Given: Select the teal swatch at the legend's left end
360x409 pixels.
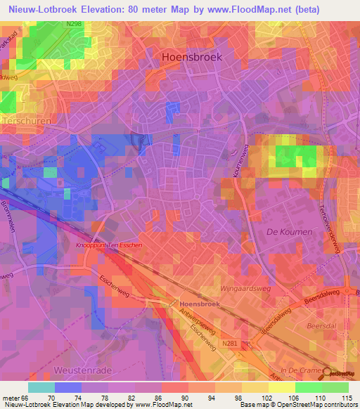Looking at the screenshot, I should (41, 387).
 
